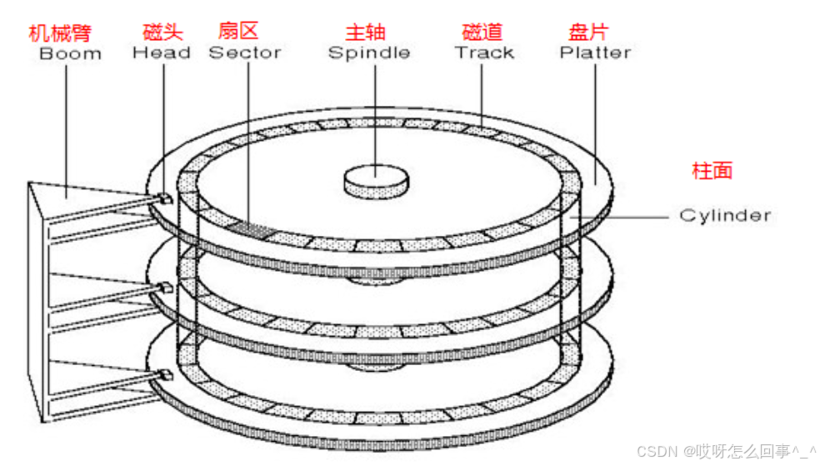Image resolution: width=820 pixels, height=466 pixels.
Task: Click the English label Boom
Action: [x=70, y=53]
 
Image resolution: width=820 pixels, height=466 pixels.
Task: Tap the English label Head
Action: [x=162, y=53]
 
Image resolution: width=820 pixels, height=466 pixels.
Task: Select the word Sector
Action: [x=245, y=53]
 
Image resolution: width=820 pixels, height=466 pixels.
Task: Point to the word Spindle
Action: [x=368, y=53]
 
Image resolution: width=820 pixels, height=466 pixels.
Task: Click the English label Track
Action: [x=484, y=53]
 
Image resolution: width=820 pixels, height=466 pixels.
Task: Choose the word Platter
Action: [x=595, y=53]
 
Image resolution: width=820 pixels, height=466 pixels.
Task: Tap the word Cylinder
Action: [x=725, y=215]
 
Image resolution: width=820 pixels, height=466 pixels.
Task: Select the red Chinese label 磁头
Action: [x=162, y=33]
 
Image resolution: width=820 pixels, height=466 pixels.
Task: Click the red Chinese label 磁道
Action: [x=482, y=33]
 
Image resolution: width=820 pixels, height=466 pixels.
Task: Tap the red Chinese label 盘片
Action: [x=587, y=33]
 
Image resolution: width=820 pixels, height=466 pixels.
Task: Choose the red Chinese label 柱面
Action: [x=712, y=171]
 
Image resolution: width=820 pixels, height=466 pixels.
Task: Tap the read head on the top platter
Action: [x=164, y=198]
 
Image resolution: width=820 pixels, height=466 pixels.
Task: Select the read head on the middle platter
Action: [x=165, y=288]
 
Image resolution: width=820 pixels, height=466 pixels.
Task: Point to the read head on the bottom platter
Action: [x=164, y=374]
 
